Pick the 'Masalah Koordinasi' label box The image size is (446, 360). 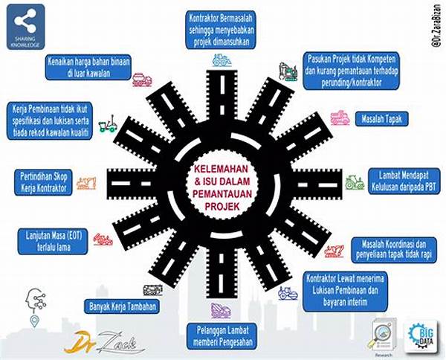(x=398, y=248)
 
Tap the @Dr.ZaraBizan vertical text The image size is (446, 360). (x=436, y=29)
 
